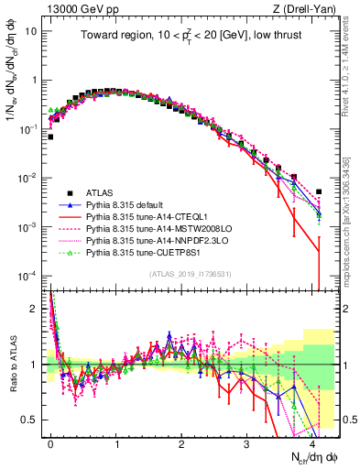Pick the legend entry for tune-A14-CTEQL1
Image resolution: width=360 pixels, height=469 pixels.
coord(138,217)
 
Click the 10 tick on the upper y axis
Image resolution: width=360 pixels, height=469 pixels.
coord(35,30)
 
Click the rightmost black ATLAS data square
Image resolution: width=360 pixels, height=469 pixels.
coord(319,191)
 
